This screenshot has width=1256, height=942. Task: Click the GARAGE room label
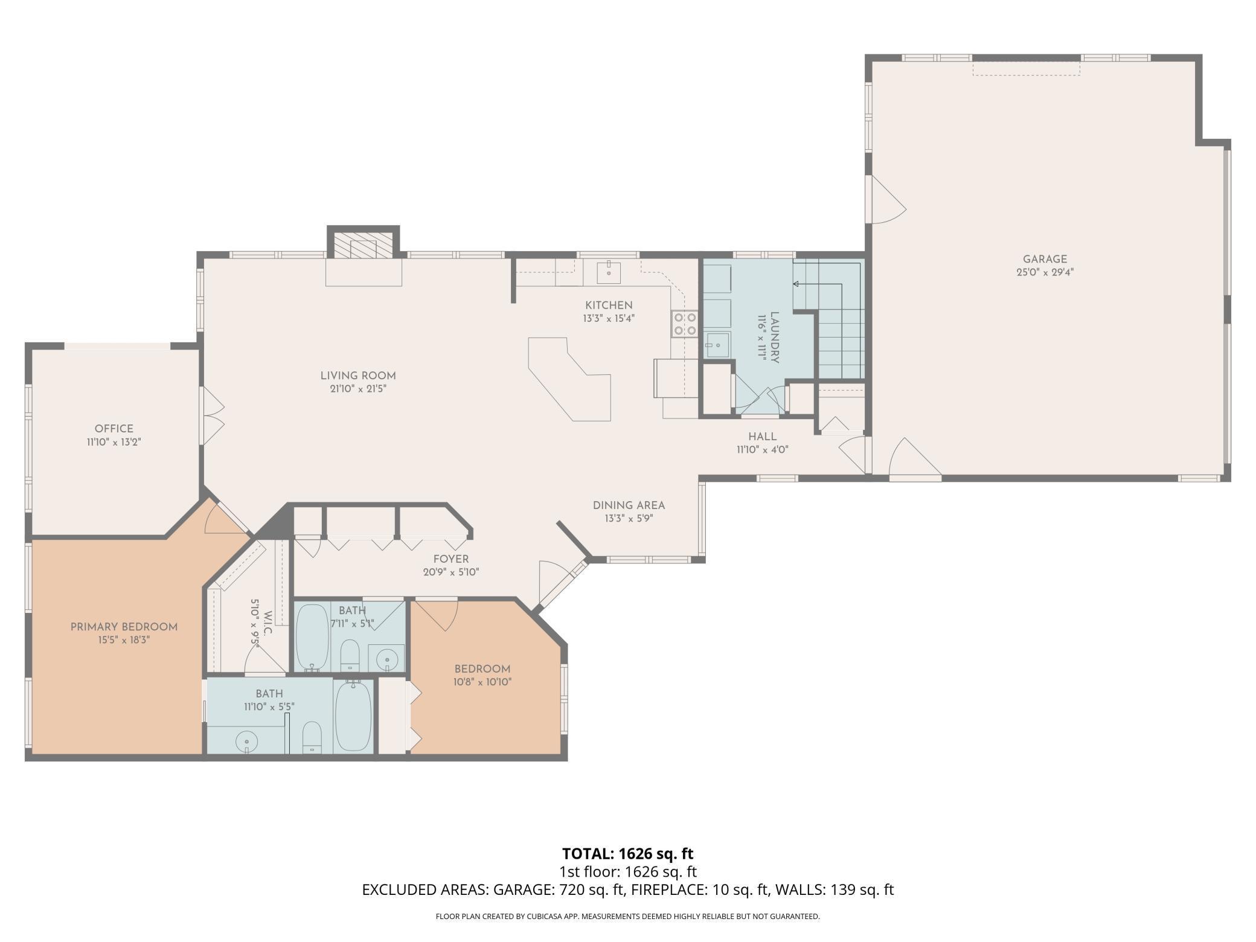click(1045, 260)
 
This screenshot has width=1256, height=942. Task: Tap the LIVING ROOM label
click(358, 376)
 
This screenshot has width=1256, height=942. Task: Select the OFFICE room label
click(114, 429)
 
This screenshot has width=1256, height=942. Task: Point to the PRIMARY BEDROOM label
click(124, 627)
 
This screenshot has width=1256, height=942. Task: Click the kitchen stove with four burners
click(685, 323)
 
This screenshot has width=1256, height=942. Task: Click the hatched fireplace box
click(364, 245)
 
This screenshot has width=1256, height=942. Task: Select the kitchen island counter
click(570, 379)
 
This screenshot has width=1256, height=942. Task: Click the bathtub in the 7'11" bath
click(312, 636)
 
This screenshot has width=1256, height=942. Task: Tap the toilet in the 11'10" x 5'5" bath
click(312, 737)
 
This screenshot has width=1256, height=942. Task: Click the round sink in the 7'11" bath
click(386, 659)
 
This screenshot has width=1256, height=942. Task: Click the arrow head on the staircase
click(796, 284)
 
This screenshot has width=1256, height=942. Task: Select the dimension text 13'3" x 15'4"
click(609, 318)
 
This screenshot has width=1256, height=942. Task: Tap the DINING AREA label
click(629, 505)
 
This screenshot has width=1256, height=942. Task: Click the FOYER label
click(450, 559)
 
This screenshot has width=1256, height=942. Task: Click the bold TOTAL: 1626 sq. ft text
click(627, 853)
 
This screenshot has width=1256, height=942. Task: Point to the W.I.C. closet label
click(268, 623)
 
